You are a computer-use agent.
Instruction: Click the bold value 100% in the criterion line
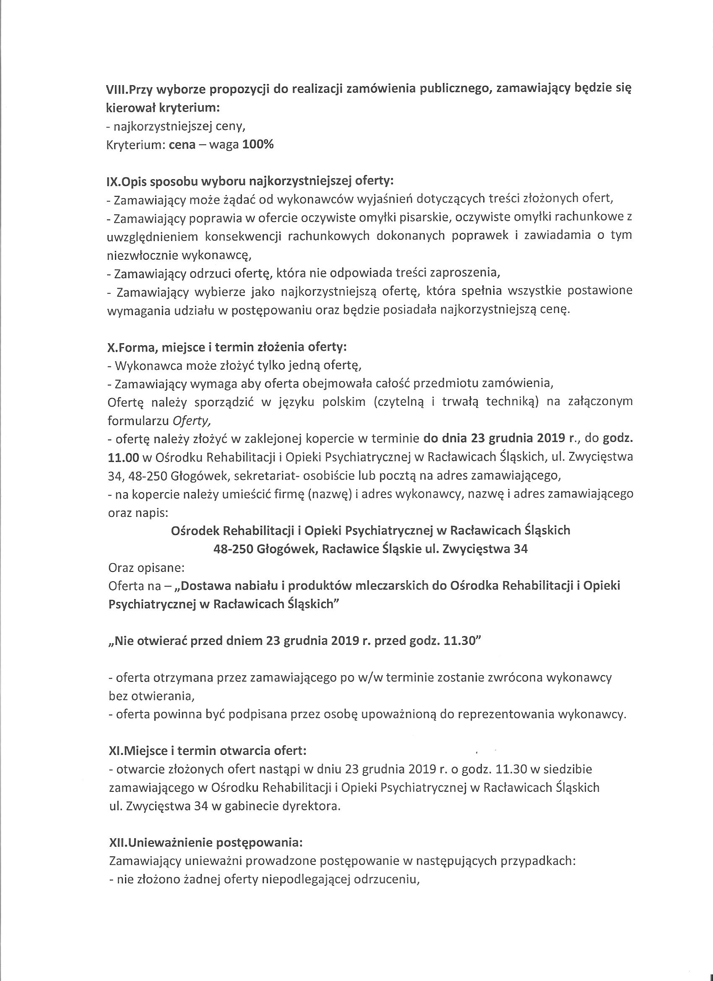258,145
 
